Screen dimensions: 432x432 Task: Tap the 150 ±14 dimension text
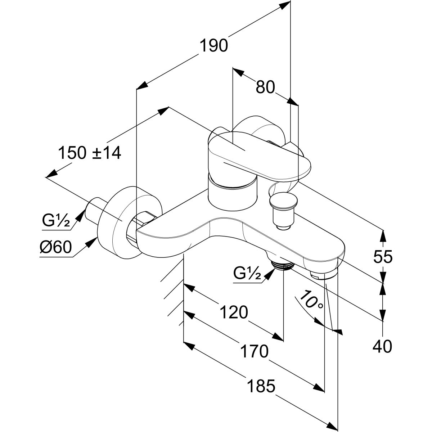point(90,153)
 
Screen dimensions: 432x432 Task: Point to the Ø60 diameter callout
point(56,248)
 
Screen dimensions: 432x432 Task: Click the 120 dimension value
point(234,312)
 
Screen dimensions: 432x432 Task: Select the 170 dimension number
point(255,351)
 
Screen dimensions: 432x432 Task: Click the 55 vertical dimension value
point(382,257)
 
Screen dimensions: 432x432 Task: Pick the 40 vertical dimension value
point(382,347)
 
